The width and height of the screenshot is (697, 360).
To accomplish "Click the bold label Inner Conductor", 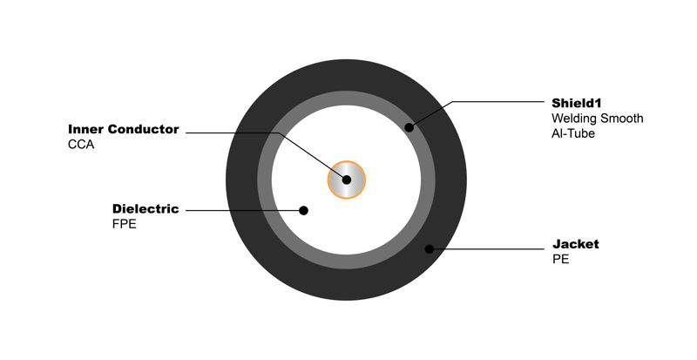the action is coord(124,129).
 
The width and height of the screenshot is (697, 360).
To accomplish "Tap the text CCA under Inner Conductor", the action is coord(81,145).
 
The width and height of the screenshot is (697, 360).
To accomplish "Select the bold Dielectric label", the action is coord(145,208).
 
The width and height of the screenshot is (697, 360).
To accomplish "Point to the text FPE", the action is coord(124,224).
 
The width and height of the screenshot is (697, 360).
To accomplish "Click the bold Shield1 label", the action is coord(577,103).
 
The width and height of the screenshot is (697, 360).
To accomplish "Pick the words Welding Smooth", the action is coord(598,119).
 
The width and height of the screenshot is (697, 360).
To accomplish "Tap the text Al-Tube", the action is coord(573,133).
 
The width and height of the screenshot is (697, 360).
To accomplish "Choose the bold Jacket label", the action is coord(576,244).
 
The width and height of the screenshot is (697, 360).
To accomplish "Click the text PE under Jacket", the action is coord(561,260).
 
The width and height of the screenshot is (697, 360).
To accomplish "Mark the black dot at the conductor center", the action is coord(347,180).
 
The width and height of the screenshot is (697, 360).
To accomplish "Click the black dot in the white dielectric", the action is coord(303,210).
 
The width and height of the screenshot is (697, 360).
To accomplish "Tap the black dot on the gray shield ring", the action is coord(409,128).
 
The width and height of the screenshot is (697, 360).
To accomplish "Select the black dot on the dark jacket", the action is coord(429,249).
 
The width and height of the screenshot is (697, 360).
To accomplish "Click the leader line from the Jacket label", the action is coord(487,249).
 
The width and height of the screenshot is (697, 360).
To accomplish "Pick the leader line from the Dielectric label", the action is coord(245,210).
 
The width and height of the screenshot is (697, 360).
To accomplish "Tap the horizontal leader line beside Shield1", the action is coord(498,101).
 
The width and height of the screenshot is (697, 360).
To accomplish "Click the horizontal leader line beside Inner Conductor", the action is coord(233,132).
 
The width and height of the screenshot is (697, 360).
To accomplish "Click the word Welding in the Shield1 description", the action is coord(574,119).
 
